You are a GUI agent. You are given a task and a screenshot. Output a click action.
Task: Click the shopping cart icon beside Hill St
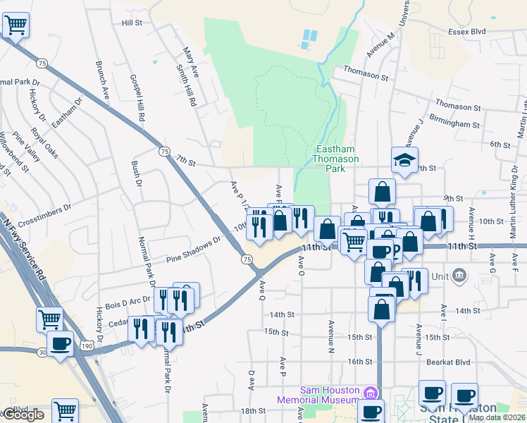pyautogui.click(x=15, y=26)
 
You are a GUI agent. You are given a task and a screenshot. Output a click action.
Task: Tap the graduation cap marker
pyautogui.click(x=405, y=160)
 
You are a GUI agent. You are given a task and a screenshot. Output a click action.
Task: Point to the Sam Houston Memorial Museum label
pyautogui.click(x=330, y=394)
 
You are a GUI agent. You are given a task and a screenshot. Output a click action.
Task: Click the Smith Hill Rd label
pyautogui.click(x=185, y=85)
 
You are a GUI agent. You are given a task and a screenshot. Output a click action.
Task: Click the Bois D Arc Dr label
pyautogui.click(x=128, y=301)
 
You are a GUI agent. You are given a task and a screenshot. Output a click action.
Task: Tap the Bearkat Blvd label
pyautogui.click(x=452, y=362)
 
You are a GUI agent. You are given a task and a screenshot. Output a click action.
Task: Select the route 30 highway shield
pyautogui.click(x=42, y=351)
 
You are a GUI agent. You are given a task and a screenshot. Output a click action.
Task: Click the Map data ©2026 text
pyautogui.click(x=497, y=417)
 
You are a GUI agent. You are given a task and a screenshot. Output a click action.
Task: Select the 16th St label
pyautogui.click(x=359, y=362)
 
